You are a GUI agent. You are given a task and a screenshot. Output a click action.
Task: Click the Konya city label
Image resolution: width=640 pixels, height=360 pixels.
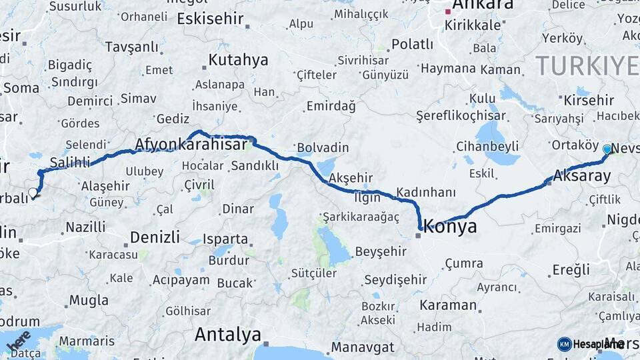(x=451, y=227)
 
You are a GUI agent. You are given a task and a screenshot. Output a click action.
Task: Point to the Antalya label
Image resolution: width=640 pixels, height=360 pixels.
(x=227, y=335)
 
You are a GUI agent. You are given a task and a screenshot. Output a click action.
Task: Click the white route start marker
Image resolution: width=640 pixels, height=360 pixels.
(x=33, y=193)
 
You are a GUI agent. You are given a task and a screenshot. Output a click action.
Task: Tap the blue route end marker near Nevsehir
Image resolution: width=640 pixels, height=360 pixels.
(x=607, y=149)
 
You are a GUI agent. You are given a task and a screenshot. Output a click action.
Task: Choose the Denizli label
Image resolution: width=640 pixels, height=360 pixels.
(x=155, y=237)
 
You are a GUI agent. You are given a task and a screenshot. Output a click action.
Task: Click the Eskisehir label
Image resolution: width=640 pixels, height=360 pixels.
(x=210, y=19)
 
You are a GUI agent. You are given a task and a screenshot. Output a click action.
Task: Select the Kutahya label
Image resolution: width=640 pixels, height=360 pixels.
(x=238, y=60)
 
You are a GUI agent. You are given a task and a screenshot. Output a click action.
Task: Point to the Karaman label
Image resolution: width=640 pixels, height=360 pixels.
(x=448, y=306)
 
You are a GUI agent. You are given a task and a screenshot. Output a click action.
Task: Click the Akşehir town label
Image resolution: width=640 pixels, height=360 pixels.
(x=351, y=177)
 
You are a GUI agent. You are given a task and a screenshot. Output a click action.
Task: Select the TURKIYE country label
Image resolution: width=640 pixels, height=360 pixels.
(x=587, y=66)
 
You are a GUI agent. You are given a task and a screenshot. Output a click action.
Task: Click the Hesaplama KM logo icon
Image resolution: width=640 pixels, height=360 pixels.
(x=565, y=344)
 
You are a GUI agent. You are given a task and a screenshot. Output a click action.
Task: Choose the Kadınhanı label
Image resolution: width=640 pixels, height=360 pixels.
(x=425, y=193)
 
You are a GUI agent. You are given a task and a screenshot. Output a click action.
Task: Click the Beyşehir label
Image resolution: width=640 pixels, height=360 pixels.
(x=381, y=251)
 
